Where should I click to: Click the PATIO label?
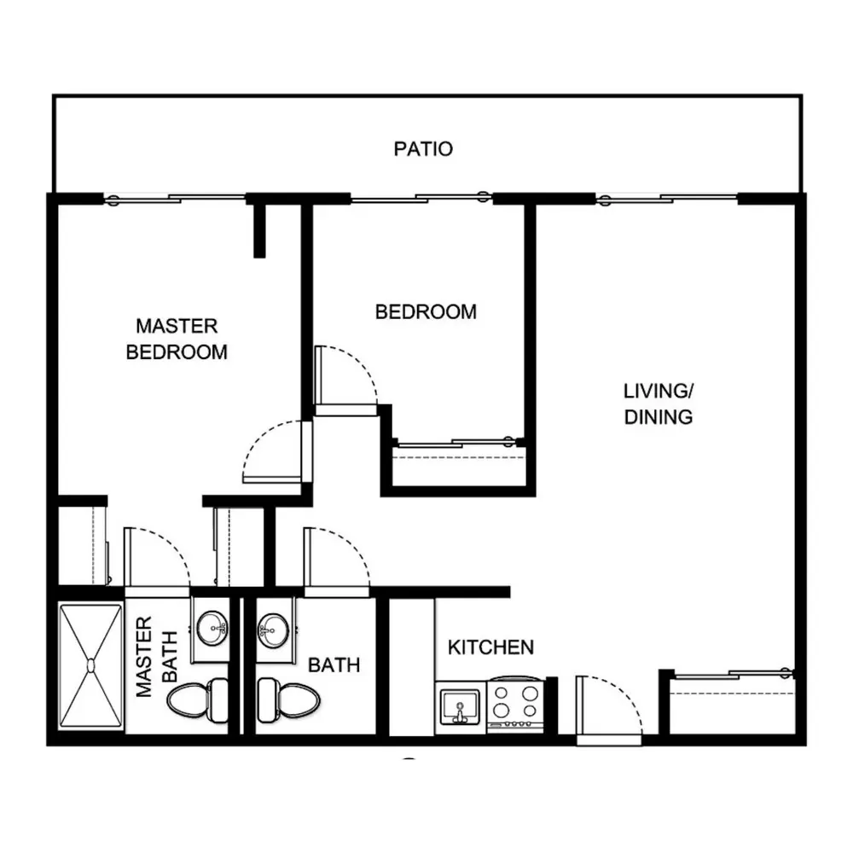point(423,148)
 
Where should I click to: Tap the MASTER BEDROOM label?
point(177,339)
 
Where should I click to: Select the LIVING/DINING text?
point(659,403)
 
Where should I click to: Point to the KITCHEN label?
point(490,647)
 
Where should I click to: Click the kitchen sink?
point(461,705)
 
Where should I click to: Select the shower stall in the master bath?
point(91,665)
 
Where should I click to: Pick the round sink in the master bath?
point(212,628)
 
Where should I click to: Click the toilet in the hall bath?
point(288,699)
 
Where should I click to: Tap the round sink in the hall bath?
point(274,630)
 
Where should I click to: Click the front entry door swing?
point(609,707)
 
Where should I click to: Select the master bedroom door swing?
point(273,451)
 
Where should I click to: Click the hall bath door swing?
point(337,560)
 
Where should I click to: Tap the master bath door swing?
point(157,560)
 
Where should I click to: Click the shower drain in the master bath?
point(91,665)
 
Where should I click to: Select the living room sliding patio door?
point(667,199)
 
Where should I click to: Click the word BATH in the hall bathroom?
point(334,664)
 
